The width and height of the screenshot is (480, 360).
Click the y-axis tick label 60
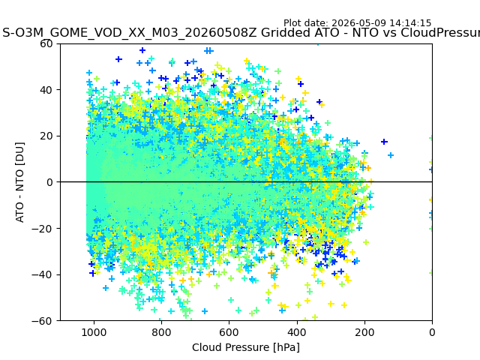(46, 43)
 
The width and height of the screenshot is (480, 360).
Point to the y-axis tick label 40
(46, 90)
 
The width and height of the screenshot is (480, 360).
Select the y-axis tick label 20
(46, 136)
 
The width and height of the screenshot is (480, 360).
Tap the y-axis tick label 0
(49, 182)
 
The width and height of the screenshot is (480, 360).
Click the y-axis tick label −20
(42, 229)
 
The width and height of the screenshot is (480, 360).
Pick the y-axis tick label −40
(42, 275)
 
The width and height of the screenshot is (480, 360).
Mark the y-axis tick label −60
(42, 321)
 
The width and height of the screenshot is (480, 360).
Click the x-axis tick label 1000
(94, 332)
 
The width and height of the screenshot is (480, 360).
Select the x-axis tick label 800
(161, 332)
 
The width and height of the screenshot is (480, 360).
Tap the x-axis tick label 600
(229, 332)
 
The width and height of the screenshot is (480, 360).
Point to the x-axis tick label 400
(297, 332)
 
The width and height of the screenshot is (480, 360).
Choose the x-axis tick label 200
(364, 332)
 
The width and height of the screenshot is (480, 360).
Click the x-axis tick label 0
(432, 332)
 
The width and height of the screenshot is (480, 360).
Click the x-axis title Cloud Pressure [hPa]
(246, 347)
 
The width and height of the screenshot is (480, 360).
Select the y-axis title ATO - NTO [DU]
(20, 182)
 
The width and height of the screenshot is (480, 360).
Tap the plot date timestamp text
(357, 23)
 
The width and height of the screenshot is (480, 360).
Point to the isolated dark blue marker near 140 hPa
(384, 142)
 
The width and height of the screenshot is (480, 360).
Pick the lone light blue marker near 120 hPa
(391, 155)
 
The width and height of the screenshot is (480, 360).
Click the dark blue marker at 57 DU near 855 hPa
(142, 50)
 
